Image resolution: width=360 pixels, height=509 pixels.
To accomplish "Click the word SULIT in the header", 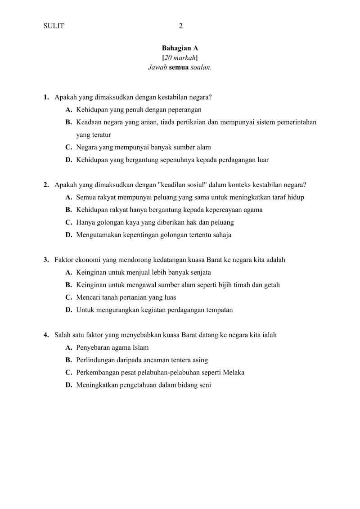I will click(54, 26).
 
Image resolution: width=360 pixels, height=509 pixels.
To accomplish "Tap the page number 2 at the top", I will click(181, 26).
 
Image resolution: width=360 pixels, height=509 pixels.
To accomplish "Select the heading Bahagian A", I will click(180, 48).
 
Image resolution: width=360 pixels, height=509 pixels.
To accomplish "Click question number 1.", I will click(46, 97).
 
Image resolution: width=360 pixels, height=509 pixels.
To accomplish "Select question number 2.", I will click(46, 185).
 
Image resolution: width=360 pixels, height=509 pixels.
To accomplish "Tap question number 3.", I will click(46, 260).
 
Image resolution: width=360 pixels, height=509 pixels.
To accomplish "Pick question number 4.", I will click(46, 335).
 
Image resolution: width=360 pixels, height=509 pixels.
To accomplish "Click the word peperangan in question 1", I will click(185, 110).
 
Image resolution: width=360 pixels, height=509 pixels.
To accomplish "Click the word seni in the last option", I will click(205, 385).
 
